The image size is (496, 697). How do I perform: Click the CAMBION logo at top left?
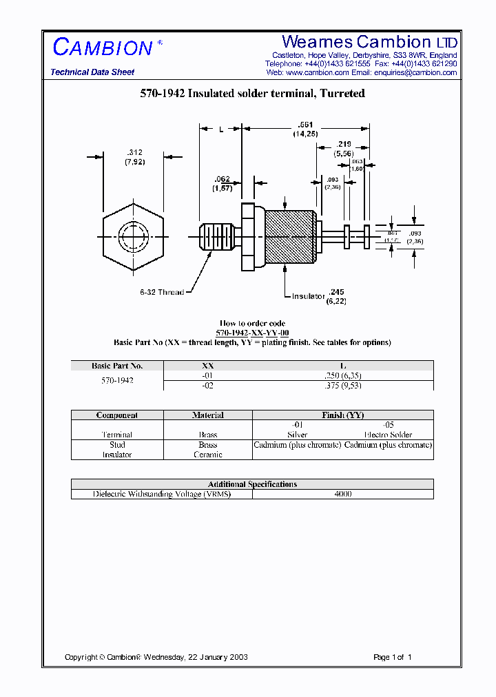tap(103, 48)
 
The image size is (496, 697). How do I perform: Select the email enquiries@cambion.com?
tap(415, 72)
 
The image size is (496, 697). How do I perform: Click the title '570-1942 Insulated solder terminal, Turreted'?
tap(252, 94)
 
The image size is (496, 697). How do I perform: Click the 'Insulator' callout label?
tap(307, 296)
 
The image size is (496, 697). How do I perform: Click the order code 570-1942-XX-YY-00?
tap(252, 333)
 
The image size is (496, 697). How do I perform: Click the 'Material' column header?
tap(207, 415)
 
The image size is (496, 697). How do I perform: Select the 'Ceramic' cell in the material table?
tap(207, 455)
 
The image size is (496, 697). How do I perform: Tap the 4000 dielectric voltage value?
tap(342, 494)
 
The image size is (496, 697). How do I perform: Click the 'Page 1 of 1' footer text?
tap(392, 657)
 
